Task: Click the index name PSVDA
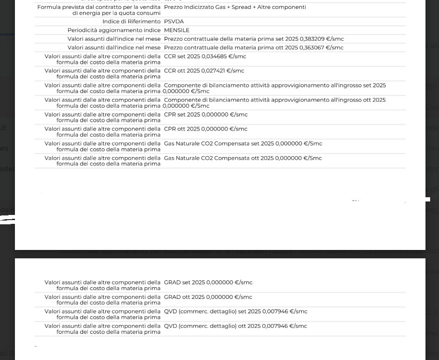[174, 22]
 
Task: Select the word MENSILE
[177, 30]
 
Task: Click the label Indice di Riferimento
[132, 22]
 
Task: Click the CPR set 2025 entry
[206, 115]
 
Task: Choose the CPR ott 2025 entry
[206, 129]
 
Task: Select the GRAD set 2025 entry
[208, 283]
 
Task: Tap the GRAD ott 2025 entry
[208, 297]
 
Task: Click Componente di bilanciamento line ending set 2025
[275, 86]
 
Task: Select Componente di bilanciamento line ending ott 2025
[275, 100]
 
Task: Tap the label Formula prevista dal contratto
[99, 7]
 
